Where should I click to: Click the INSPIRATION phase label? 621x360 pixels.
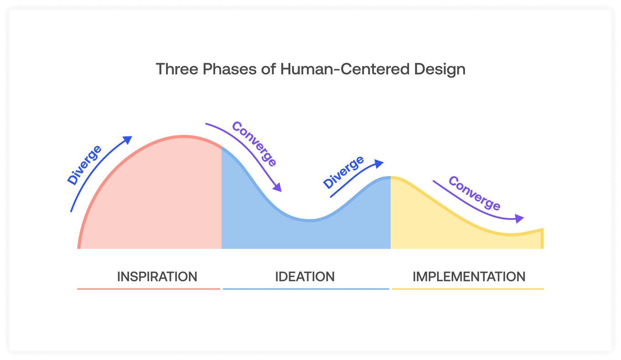pyautogui.click(x=157, y=277)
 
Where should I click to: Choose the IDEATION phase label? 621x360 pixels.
pyautogui.click(x=305, y=277)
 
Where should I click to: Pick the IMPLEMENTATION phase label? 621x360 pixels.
pyautogui.click(x=469, y=277)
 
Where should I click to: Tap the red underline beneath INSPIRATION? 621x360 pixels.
pyautogui.click(x=149, y=289)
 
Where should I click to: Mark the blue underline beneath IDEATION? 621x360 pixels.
pyautogui.click(x=306, y=289)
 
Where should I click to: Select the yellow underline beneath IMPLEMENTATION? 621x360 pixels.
pyautogui.click(x=468, y=289)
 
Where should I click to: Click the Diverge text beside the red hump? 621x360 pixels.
pyautogui.click(x=85, y=165)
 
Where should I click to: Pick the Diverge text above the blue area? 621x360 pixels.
pyautogui.click(x=343, y=172)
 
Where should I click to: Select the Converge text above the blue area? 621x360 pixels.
pyautogui.click(x=254, y=144)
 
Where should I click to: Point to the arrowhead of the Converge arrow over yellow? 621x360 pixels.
pyautogui.click(x=519, y=219)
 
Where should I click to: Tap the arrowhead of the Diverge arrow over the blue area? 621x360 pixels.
pyautogui.click(x=379, y=164)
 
